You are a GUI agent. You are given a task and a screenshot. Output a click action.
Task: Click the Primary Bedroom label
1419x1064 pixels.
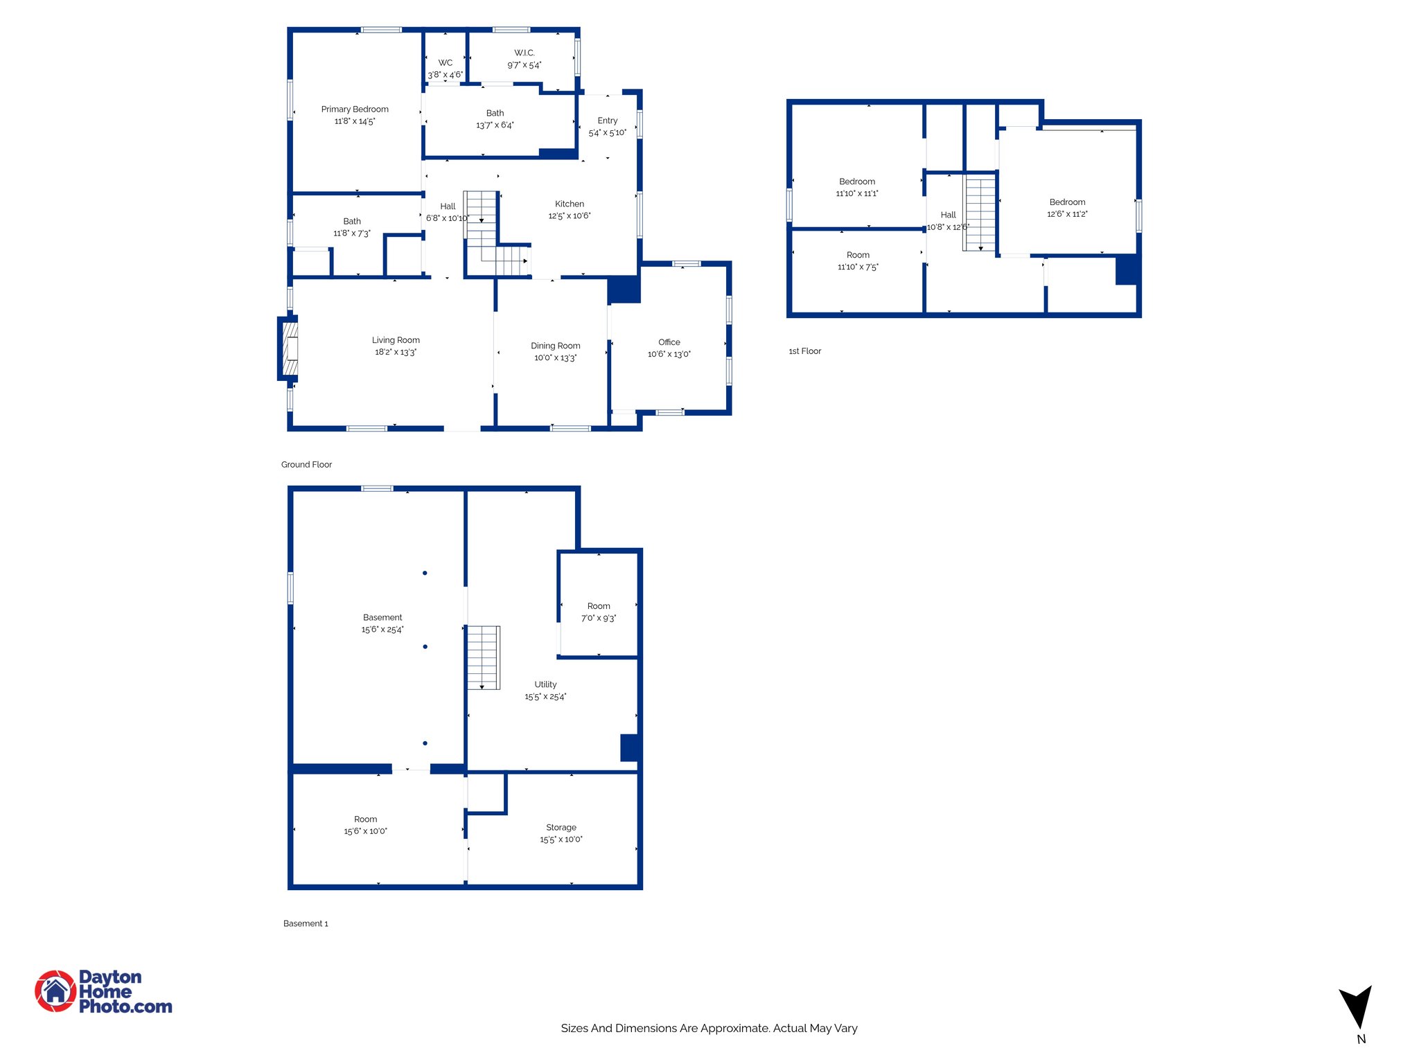355,109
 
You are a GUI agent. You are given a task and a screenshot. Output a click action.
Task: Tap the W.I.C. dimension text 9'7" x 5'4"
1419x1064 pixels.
524,65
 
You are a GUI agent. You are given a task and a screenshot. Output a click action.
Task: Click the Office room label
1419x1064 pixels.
669,342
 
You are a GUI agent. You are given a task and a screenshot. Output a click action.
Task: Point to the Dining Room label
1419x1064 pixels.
555,346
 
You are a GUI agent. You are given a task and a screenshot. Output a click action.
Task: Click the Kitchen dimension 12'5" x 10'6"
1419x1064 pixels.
569,216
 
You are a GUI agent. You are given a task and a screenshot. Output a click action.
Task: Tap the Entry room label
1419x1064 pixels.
607,121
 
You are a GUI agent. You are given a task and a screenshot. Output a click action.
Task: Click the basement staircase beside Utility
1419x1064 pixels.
483,657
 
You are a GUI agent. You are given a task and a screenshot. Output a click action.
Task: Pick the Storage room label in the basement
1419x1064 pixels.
561,827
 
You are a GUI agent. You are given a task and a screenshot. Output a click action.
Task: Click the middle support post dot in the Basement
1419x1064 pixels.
425,646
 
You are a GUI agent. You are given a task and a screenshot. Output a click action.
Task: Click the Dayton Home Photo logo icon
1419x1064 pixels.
55,991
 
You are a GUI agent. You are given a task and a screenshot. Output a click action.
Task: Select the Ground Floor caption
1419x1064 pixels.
306,465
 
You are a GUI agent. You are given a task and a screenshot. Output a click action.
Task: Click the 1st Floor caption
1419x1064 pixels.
804,351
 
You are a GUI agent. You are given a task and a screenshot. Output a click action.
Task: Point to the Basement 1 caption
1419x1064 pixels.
306,923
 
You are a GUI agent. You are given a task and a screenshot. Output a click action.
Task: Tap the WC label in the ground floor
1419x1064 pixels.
445,63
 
